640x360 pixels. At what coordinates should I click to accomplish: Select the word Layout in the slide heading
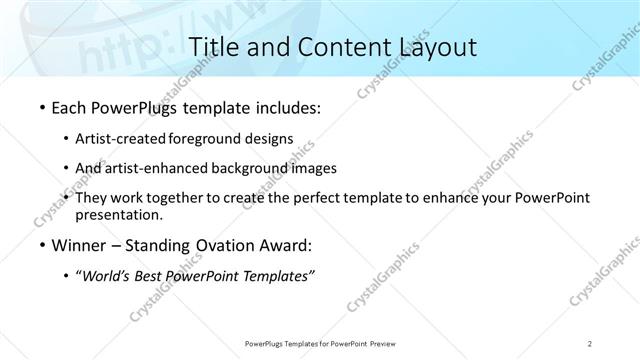[430, 46]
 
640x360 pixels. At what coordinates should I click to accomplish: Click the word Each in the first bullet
[69, 105]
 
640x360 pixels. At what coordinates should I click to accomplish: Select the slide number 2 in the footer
[591, 343]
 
